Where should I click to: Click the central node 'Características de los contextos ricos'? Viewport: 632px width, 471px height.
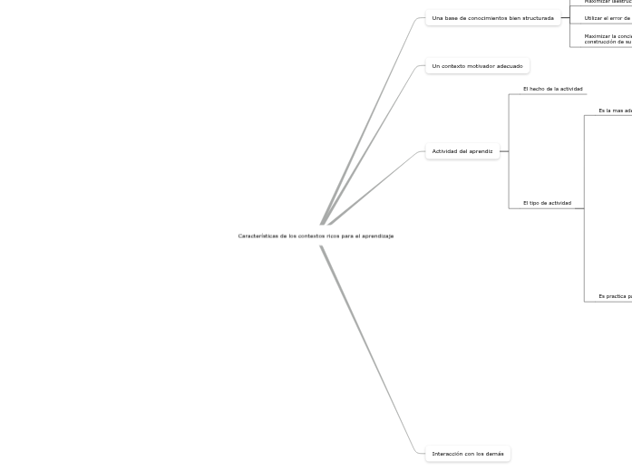click(x=316, y=236)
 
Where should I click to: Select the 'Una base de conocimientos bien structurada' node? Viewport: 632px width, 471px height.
click(x=492, y=18)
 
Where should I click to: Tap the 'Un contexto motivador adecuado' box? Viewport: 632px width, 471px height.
click(x=477, y=66)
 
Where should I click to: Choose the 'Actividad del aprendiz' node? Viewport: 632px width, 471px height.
click(x=462, y=151)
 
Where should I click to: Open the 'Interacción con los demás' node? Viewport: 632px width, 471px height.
click(x=468, y=454)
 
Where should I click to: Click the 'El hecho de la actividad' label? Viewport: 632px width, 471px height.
click(x=552, y=89)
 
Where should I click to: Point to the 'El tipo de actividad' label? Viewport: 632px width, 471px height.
click(x=547, y=203)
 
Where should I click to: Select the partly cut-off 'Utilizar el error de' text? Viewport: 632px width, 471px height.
click(x=607, y=18)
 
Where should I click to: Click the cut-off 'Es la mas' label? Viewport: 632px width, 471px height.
click(x=615, y=111)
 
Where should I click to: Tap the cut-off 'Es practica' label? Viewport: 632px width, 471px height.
click(x=615, y=296)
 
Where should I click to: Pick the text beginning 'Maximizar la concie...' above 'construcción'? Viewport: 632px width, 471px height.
click(x=608, y=36)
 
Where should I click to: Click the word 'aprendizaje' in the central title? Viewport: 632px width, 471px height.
click(x=377, y=236)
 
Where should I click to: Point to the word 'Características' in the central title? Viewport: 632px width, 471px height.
click(x=255, y=236)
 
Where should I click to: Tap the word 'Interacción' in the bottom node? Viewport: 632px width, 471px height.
click(x=446, y=454)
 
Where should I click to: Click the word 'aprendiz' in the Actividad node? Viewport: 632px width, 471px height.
click(x=481, y=151)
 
